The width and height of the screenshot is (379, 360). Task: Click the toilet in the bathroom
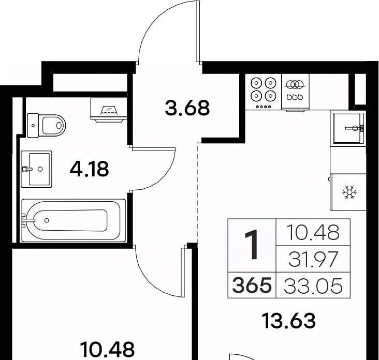pos(47,126)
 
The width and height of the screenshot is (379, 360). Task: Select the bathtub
pos(74,220)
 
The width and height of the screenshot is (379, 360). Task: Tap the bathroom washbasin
pos(36,169)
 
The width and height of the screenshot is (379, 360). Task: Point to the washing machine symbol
pos(109,109)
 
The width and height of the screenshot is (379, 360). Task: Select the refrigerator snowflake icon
pos(349,192)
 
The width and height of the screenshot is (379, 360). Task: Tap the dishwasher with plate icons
pos(295,92)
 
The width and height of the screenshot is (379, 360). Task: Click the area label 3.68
pos(187,108)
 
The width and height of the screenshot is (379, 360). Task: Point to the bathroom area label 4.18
pos(89,169)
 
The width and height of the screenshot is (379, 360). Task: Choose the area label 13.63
pos(289,320)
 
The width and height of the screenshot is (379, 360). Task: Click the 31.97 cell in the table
pos(313,259)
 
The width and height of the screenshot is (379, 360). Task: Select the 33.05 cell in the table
pos(313,286)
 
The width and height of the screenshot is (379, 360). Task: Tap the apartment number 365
pos(252,285)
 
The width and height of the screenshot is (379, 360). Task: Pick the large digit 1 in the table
pos(252,245)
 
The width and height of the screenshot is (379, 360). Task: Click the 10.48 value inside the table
pos(313,232)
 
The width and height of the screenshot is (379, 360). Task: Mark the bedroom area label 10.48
pos(108,349)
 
